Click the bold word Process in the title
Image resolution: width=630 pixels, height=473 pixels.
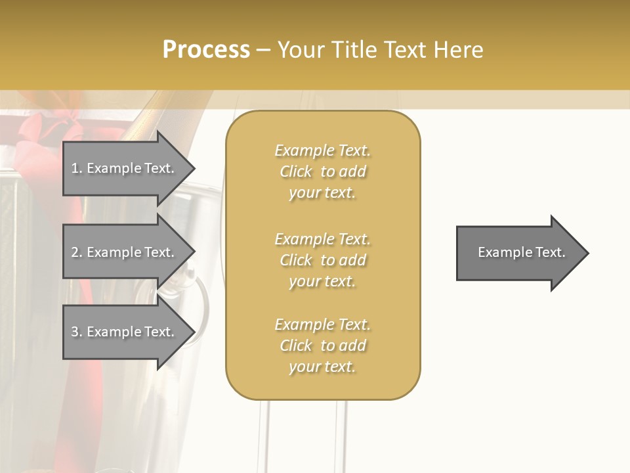pyautogui.click(x=206, y=50)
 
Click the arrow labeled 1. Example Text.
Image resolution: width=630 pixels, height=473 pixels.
pyautogui.click(x=125, y=168)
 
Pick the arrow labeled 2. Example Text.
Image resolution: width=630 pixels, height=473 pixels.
pyautogui.click(x=125, y=252)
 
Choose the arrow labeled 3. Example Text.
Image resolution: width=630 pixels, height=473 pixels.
pyautogui.click(x=125, y=332)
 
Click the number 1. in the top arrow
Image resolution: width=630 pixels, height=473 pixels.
pyautogui.click(x=77, y=168)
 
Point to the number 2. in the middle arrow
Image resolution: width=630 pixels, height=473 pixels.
pyautogui.click(x=77, y=252)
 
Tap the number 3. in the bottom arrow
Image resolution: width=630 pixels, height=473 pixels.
pyautogui.click(x=77, y=332)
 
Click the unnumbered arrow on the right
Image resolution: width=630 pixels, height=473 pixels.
pyautogui.click(x=518, y=252)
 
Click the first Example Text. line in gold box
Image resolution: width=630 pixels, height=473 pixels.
pyautogui.click(x=322, y=150)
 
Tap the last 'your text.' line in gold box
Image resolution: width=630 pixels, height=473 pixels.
pyautogui.click(x=322, y=367)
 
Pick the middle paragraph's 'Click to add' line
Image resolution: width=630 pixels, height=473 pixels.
pyautogui.click(x=322, y=260)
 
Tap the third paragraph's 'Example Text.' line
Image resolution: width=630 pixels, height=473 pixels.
pyautogui.click(x=322, y=325)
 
